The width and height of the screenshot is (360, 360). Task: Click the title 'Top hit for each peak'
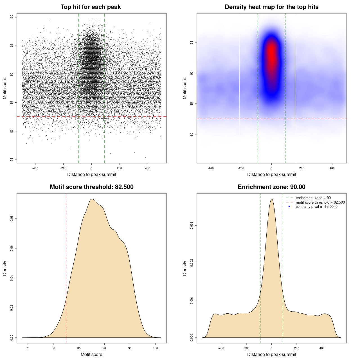coord(91,7)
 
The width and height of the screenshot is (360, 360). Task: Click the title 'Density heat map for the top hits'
coord(271,7)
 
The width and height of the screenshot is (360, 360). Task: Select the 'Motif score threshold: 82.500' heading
coord(91,187)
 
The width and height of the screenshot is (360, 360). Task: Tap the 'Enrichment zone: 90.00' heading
coord(271,187)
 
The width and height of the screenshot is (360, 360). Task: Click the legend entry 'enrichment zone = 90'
coord(313,198)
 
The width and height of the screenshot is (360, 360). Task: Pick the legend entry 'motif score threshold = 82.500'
coord(320,202)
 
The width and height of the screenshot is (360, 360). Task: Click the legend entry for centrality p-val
coord(316,207)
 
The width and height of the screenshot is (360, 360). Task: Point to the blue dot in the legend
coord(289,207)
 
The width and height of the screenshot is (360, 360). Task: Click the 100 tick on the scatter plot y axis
coord(12,17)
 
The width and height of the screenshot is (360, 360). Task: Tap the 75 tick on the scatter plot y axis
coord(12,159)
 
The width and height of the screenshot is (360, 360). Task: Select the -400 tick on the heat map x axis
coord(211,168)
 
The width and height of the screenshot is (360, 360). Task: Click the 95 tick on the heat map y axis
coord(192,42)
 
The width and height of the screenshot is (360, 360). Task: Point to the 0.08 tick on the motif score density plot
coord(12,219)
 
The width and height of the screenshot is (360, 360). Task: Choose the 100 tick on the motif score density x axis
coord(156,348)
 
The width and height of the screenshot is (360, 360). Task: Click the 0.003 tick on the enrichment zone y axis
coord(192,226)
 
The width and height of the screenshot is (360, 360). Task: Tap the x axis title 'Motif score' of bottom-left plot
coord(91,354)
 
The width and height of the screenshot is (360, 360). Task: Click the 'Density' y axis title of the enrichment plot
coord(185,268)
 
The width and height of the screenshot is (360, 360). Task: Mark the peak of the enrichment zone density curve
coord(271,199)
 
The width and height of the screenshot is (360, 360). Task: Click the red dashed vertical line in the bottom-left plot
coord(66,267)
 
